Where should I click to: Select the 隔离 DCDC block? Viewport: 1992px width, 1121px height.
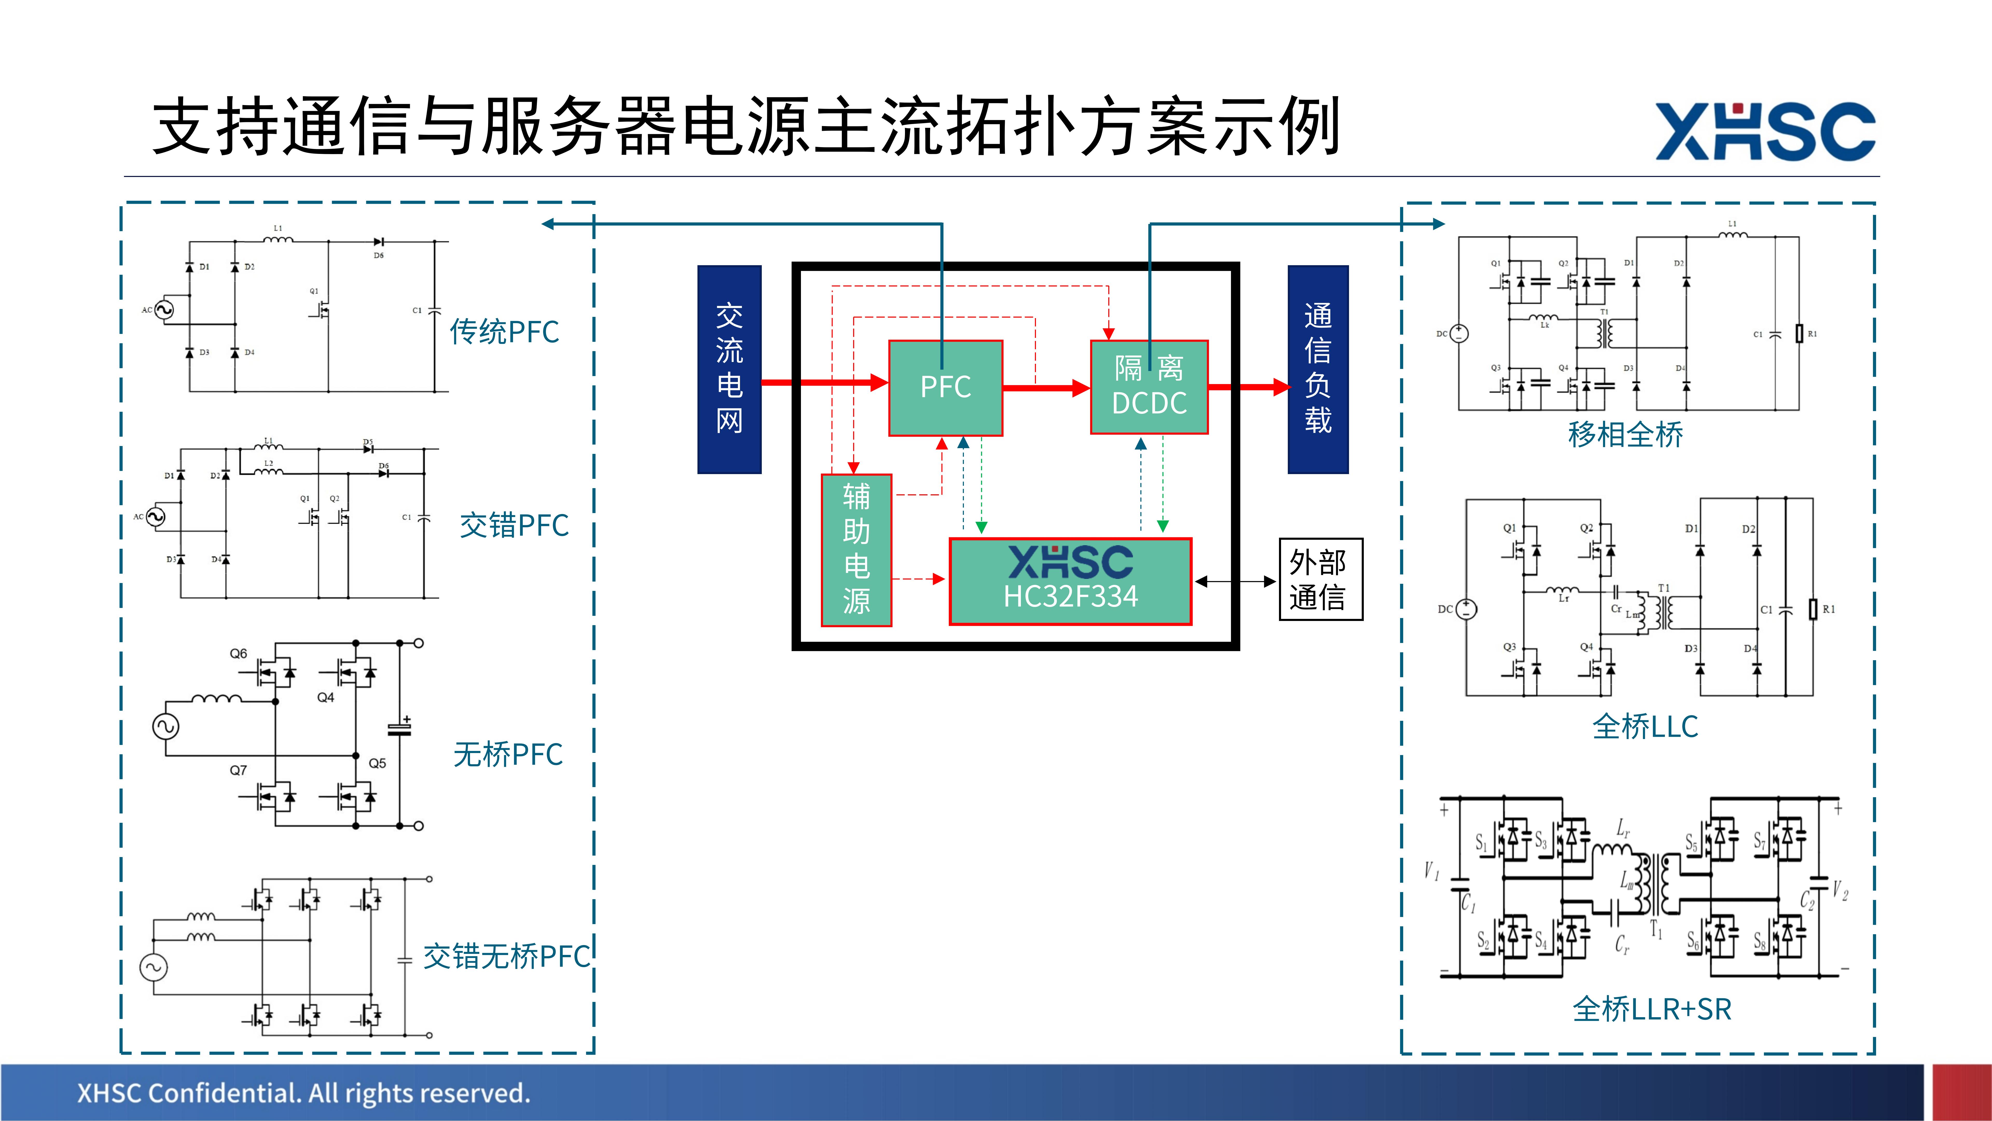pos(1149,387)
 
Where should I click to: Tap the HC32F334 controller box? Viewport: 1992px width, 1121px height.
pos(1070,581)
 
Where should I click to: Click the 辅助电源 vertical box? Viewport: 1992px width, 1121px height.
pos(856,550)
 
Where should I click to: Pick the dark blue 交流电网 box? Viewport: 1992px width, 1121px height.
pos(729,369)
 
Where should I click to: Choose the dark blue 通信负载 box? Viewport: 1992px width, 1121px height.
pos(1318,369)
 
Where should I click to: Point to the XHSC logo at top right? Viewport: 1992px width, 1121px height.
pos(1765,132)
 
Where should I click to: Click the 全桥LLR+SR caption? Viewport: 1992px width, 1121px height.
pos(1652,1009)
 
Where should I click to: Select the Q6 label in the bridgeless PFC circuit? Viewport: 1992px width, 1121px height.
pos(238,654)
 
